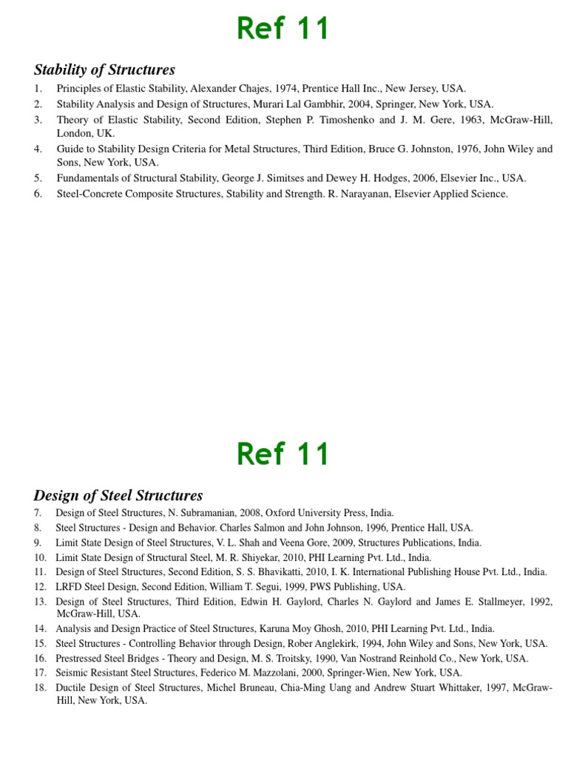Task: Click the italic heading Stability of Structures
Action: (104, 70)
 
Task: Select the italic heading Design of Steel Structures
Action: (118, 495)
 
